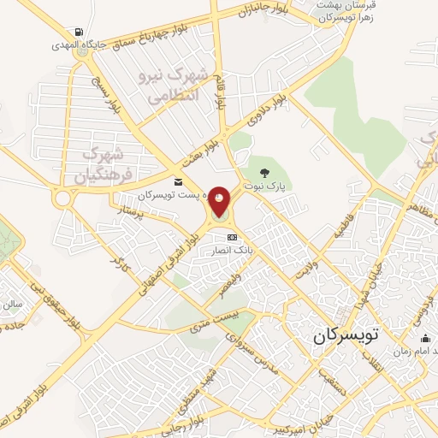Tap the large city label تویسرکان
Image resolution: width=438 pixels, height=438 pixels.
coord(345,335)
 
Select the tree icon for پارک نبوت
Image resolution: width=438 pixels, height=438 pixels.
coord(275,173)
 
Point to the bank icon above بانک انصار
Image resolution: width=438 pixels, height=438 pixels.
coord(231,237)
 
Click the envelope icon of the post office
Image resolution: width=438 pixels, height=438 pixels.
coord(178,181)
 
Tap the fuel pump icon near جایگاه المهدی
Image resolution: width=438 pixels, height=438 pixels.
coord(80,33)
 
